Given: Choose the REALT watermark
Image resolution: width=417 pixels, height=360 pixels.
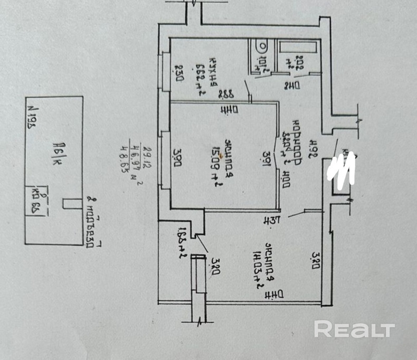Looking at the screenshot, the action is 354,330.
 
